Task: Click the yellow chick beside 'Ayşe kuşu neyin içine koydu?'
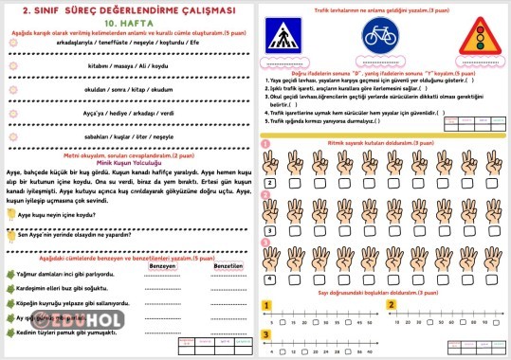(x=11, y=215)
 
